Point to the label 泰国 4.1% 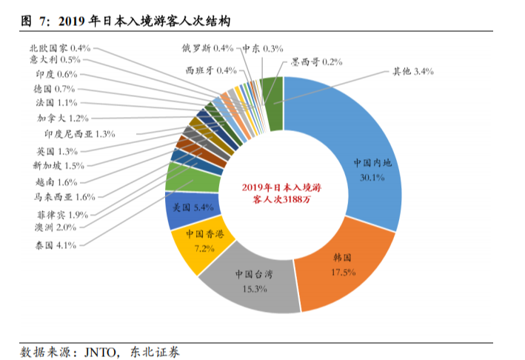pos(55,244)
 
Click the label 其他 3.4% pos(412,72)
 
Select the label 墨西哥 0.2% pos(316,62)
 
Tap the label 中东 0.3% pos(263,48)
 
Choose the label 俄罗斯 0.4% pos(208,48)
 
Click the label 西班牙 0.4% pos(212,70)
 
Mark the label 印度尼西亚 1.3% pos(81,134)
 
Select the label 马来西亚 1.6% pos(64,197)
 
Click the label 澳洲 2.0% pos(55,227)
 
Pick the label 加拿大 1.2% pos(63,118)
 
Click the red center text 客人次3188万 pos(283,200)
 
